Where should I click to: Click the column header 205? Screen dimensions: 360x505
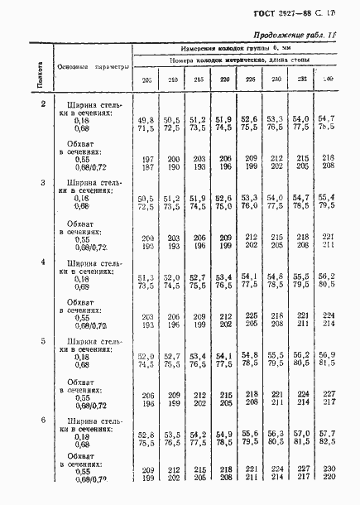click(146, 79)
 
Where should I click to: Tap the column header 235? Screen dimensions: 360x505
click(301, 79)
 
